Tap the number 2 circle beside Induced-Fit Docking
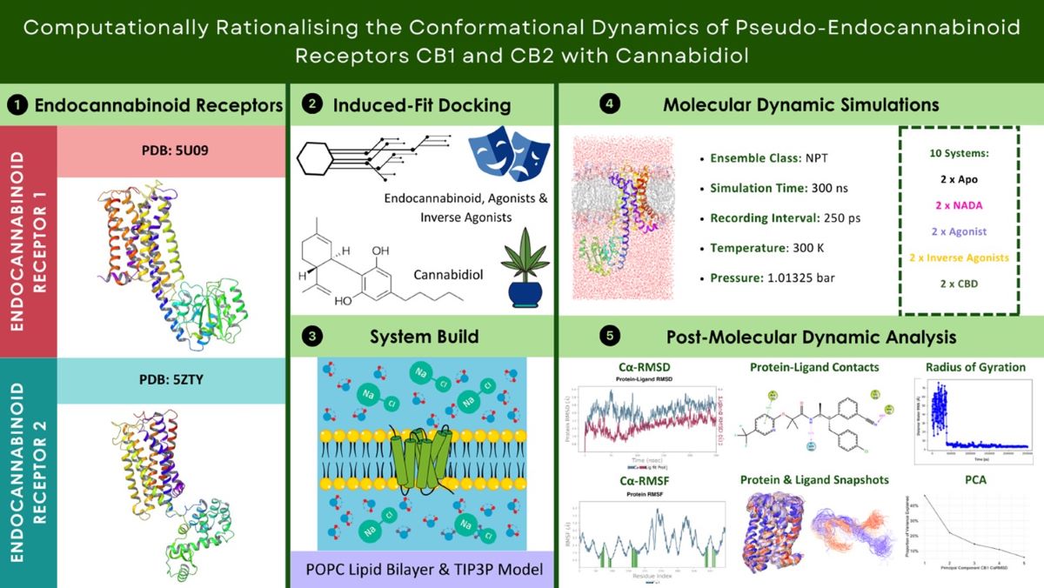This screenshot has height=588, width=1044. tap(311, 105)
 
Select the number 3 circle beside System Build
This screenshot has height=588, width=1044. tap(311, 336)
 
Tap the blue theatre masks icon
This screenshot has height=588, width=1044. tap(504, 155)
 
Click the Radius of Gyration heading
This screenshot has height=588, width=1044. tap(975, 367)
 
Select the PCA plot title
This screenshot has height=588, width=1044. tap(974, 480)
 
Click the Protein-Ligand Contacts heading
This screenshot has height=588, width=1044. tap(814, 367)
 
